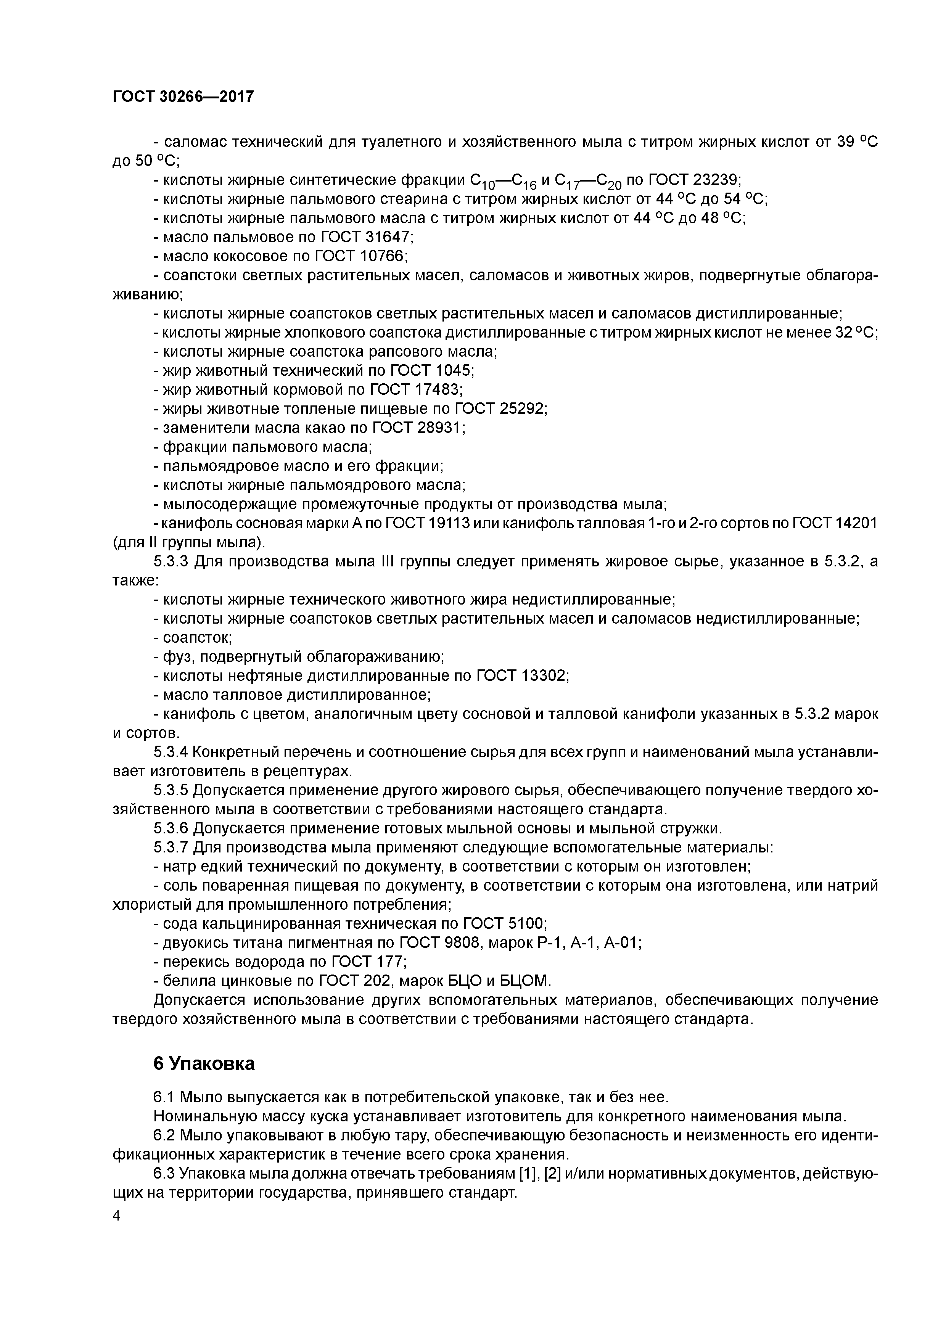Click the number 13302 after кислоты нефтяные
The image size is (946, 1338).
[543, 676]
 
